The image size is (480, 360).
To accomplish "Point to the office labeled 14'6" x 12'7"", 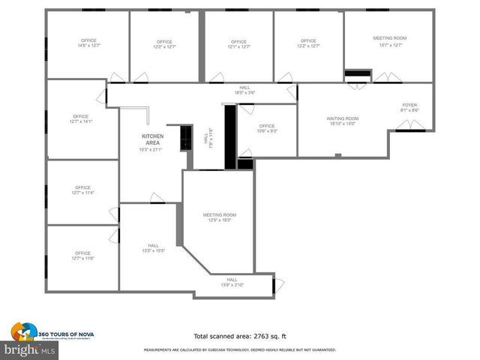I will coord(90,43).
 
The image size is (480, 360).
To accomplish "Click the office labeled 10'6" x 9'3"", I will coord(267,128).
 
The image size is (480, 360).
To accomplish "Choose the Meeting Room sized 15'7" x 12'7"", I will coord(389,41).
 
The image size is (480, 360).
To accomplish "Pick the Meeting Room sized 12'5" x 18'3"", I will coord(219,217).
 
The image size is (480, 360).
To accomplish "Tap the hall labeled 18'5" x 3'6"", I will coord(244,89).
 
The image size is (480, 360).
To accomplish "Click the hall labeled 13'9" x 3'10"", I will coord(232,282).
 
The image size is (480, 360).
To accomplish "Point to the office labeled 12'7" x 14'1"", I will coord(81,118).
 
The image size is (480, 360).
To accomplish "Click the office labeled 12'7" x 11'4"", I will coord(82,190).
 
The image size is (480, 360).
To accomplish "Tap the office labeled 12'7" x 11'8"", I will coord(82,256).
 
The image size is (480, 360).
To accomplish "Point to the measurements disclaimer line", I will coord(239,350).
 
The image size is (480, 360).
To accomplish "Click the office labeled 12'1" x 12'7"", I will coord(238,44).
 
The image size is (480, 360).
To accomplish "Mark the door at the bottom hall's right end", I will coord(277,284).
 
